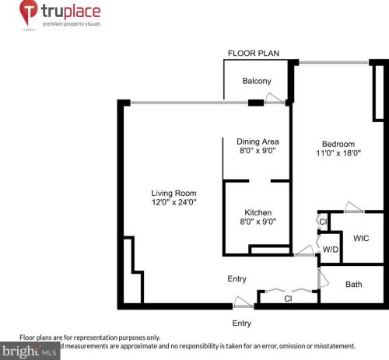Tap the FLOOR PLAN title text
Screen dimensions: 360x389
(x=252, y=54)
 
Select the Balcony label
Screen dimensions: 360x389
(x=256, y=81)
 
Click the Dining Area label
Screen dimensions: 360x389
(x=258, y=141)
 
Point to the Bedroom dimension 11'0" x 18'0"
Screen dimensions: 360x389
(x=338, y=154)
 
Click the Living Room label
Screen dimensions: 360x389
(x=173, y=193)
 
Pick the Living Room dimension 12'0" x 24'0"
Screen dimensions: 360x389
(x=173, y=203)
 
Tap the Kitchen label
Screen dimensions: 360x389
(x=258, y=212)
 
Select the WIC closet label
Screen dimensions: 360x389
(x=361, y=238)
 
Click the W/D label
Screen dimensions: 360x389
(x=331, y=250)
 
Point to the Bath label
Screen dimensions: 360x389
(x=354, y=285)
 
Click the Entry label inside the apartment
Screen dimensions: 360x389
(x=237, y=279)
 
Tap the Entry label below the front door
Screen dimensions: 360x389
(x=242, y=323)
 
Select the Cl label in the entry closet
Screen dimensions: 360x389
(x=288, y=298)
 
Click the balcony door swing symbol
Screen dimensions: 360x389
(x=274, y=98)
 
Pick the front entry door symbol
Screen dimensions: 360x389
(x=242, y=302)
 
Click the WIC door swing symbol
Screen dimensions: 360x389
(x=354, y=208)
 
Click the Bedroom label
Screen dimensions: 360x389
(x=338, y=144)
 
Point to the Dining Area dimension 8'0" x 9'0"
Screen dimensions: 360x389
(x=258, y=151)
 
